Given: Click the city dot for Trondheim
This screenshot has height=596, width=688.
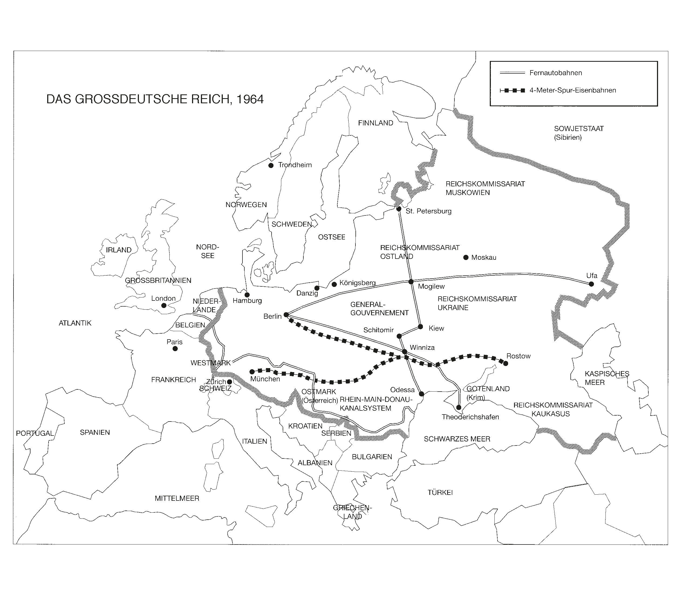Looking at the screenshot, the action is [x=271, y=165].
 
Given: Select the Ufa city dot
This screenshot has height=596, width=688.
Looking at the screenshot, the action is [x=591, y=284].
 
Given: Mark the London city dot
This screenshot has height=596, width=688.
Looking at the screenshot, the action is [x=164, y=305].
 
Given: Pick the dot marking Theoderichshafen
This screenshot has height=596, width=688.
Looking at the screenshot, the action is [x=459, y=407].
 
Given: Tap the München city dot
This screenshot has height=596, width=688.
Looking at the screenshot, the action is [x=252, y=372].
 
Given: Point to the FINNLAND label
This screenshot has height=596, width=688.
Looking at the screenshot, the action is [x=375, y=123].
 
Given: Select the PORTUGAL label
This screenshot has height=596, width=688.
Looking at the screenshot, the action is [x=35, y=433].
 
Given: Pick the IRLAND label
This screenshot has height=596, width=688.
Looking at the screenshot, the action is [x=119, y=250].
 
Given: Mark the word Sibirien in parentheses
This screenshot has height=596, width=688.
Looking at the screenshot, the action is [x=568, y=137].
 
